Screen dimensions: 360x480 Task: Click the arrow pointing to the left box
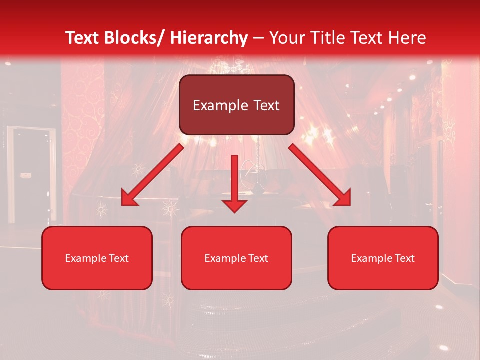point(152,174)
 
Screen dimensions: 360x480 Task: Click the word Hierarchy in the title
point(209,38)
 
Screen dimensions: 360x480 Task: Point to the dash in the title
point(259,38)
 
